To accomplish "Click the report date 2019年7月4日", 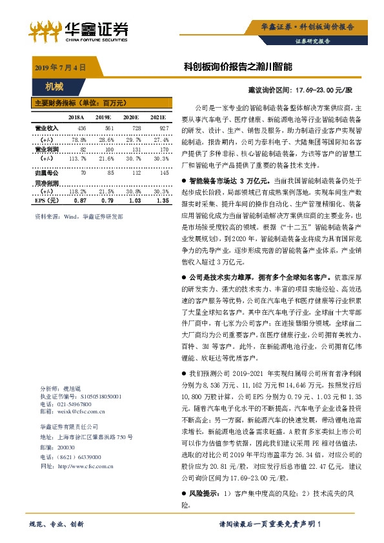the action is click(58, 67).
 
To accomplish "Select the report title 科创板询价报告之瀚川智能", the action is click(237, 66).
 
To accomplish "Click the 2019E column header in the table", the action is click(103, 117).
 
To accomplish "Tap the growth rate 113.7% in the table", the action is click(77, 158).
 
